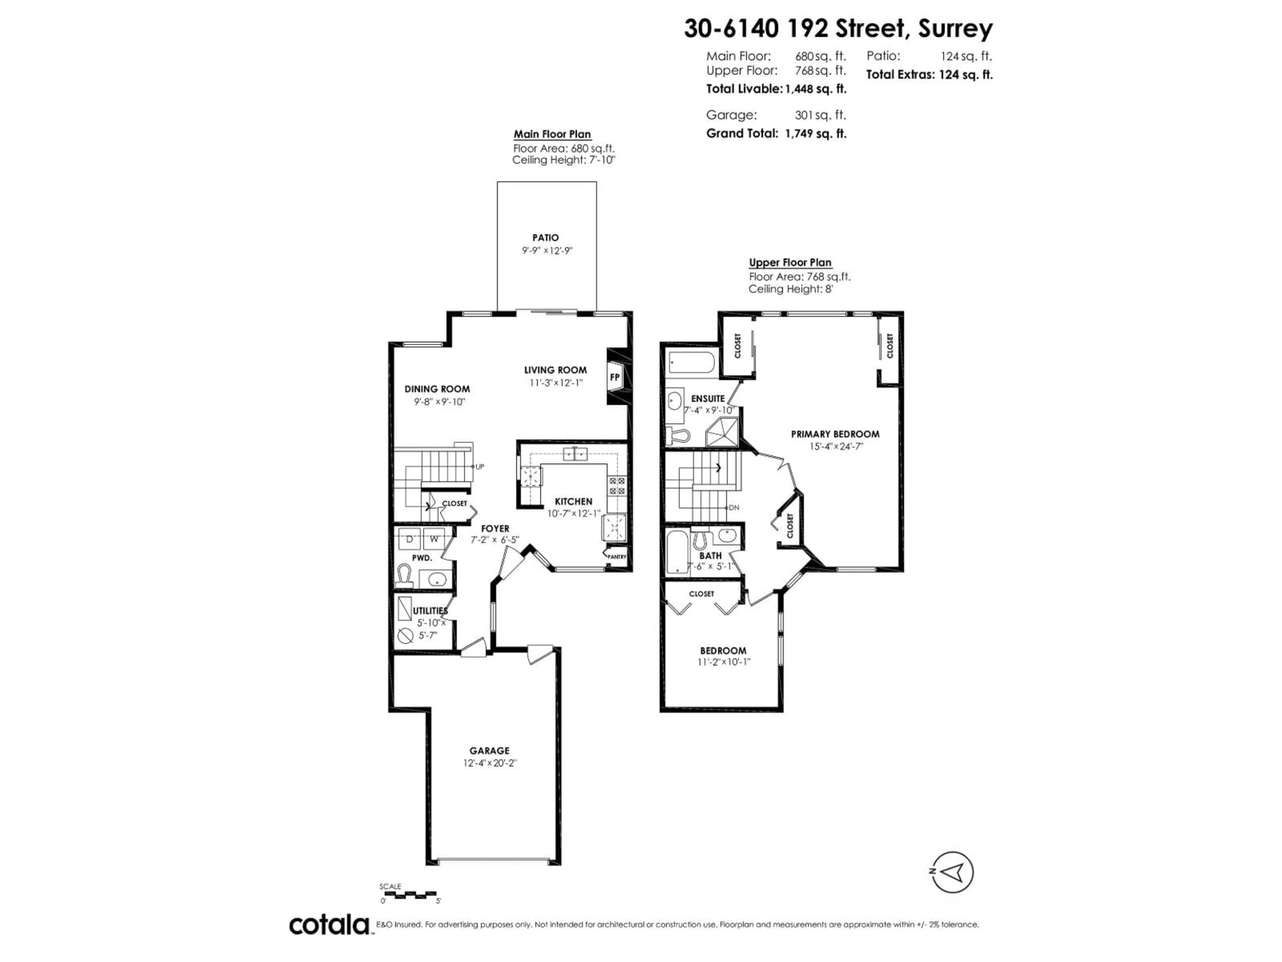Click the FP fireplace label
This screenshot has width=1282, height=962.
[614, 377]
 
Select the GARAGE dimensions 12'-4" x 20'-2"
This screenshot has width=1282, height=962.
[489, 763]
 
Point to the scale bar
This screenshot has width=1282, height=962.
[410, 894]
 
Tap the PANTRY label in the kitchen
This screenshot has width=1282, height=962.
[617, 557]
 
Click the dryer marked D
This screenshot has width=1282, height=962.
[409, 539]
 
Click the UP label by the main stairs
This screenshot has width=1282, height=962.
[480, 466]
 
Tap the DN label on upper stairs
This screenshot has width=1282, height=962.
[734, 507]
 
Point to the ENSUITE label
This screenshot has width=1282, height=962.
[708, 399]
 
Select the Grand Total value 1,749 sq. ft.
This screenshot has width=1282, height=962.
[816, 133]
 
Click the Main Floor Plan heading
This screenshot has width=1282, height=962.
[552, 134]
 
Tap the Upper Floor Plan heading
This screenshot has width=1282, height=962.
[790, 262]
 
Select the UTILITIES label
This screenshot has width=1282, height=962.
[429, 611]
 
